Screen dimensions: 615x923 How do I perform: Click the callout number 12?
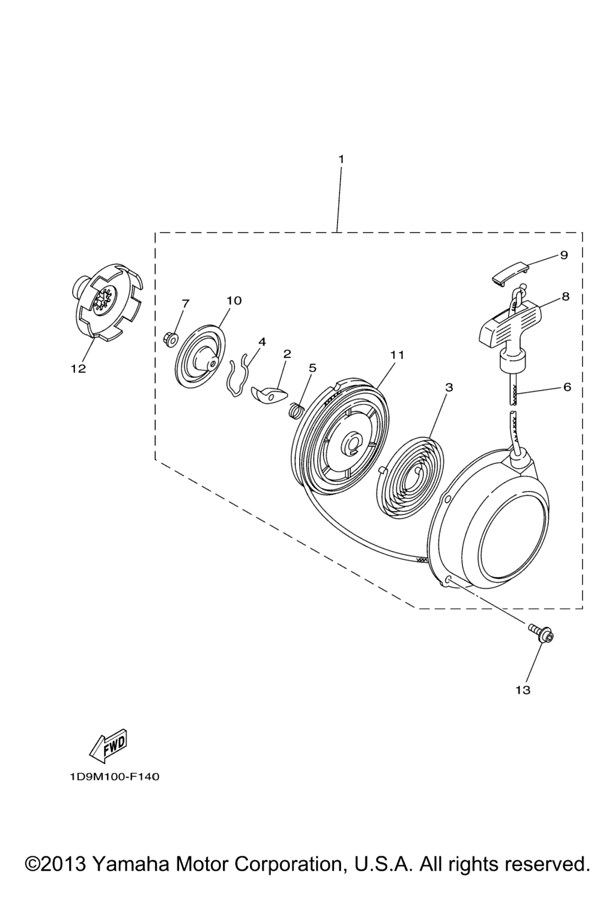[78, 368]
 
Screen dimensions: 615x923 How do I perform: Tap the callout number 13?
[523, 690]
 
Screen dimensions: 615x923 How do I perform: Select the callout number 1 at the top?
[341, 159]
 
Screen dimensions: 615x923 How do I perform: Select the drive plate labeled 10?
[201, 355]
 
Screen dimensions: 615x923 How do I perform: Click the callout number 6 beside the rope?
[567, 387]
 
